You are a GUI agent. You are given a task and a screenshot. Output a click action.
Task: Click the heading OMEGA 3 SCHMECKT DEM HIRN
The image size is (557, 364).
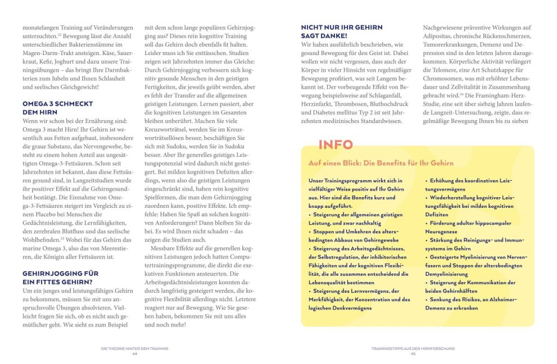coord(57,107)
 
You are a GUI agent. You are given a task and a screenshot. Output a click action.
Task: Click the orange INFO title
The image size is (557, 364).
coord(336,145)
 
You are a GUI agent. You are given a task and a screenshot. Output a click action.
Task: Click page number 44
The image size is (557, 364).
coord(135,354)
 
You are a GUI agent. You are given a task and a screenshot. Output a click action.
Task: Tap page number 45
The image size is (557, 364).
coord(413,354)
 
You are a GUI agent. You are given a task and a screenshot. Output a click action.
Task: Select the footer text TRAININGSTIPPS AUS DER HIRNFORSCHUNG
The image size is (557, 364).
coord(413,349)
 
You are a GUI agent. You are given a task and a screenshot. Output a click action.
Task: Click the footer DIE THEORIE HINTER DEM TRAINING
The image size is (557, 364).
coord(135,349)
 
